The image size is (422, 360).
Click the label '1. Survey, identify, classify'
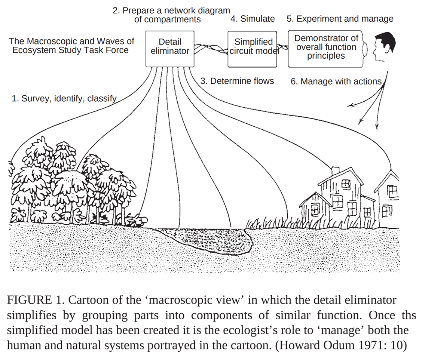click(x=64, y=99)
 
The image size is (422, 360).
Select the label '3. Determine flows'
click(x=237, y=81)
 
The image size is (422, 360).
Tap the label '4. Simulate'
click(x=253, y=19)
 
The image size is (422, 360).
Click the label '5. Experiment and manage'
click(x=340, y=19)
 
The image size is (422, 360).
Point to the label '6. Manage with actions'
click(x=336, y=81)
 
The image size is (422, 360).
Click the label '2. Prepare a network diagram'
click(x=171, y=11)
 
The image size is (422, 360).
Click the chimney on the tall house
click(x=335, y=171)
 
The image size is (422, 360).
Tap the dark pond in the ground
click(x=204, y=239)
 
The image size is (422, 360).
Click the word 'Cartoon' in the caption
click(x=86, y=300)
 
